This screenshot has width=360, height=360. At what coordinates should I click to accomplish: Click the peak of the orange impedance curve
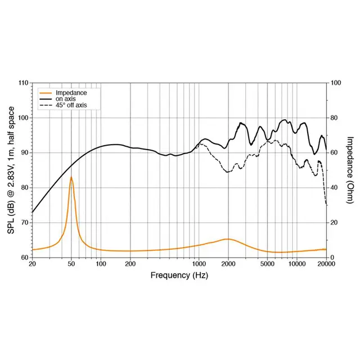tap(71, 177)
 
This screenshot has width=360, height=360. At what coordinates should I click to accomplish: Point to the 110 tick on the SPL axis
tap(23, 83)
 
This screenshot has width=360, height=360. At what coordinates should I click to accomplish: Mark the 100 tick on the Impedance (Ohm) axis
tap(336, 83)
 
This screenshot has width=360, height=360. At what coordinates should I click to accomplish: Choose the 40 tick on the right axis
tap(335, 187)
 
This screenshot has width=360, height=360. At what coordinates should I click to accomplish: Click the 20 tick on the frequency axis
tap(32, 263)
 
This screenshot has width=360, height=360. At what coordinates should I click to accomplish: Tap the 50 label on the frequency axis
tap(71, 263)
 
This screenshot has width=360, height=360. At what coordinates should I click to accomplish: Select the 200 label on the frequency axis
tap(130, 263)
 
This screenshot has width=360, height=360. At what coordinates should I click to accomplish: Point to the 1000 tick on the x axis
tap(199, 263)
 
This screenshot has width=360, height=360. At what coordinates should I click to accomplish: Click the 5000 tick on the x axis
tap(267, 263)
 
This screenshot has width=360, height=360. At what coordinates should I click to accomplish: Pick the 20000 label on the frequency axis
tap(326, 263)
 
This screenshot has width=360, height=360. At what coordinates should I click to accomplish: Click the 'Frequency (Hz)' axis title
tap(179, 275)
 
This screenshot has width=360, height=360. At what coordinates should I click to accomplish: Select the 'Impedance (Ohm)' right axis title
tap(350, 170)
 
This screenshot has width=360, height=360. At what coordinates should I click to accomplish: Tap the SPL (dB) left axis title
tap(10, 170)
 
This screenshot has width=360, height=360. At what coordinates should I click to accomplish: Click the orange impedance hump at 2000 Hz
tap(228, 239)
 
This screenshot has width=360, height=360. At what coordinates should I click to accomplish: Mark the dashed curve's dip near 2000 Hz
tap(228, 172)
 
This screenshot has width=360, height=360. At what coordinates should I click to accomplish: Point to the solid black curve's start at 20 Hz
tap(33, 212)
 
